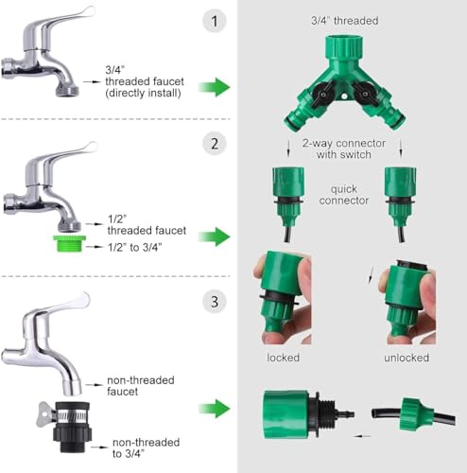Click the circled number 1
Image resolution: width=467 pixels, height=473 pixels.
coord(215,21)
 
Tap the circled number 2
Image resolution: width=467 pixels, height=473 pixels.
coord(215,144)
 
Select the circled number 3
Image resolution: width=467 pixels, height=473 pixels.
coord(215,302)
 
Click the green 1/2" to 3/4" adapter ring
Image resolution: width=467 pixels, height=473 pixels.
coord(69,243)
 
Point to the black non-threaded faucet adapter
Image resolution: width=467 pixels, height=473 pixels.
coord(71,427)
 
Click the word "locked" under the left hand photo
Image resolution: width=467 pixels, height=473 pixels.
coord(283,358)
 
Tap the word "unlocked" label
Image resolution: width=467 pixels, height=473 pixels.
coord(406,358)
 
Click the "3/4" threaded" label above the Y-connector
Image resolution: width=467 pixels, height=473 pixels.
coord(345,21)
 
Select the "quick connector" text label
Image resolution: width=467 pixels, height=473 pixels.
coord(344,195)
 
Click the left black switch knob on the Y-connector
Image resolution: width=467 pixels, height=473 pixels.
coord(323,92)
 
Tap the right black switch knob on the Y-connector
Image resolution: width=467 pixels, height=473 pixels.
coord(364,92)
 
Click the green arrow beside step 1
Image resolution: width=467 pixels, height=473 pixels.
coord(215,87)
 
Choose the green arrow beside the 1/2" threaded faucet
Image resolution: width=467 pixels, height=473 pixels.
coord(215,236)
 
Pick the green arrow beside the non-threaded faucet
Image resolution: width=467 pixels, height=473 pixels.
coord(215,409)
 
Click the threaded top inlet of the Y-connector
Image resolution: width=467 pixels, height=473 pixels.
coord(344,46)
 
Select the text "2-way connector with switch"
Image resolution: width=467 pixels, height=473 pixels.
coord(344,149)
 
